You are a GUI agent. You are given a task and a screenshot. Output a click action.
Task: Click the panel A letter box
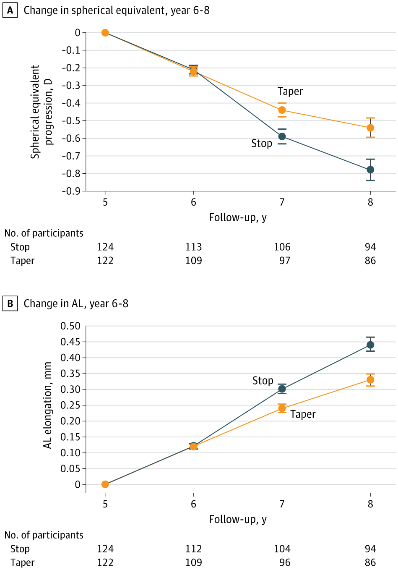pos(10,10)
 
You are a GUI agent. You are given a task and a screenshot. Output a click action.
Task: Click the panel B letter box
pos(10,303)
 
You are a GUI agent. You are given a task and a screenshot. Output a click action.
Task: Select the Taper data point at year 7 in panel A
pos(282,110)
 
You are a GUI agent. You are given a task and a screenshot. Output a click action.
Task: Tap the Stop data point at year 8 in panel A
pos(370,170)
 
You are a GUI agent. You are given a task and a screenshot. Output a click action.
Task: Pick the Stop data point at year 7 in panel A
pos(282,136)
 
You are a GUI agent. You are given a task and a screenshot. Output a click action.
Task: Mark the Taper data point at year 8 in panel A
pos(370,128)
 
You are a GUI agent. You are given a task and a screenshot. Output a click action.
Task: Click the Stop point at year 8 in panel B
pos(370,345)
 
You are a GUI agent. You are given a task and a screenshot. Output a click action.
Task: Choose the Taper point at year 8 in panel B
pos(370,380)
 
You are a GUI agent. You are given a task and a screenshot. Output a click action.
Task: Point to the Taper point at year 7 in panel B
pos(282,408)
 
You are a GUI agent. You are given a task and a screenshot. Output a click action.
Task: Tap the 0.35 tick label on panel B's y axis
pos(70,374)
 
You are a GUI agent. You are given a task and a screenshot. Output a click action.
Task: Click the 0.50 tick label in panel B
pos(70,326)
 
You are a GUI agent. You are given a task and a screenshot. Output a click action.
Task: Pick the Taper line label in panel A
pos(290,92)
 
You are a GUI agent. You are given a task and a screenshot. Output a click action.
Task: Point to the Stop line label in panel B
pos(263,381)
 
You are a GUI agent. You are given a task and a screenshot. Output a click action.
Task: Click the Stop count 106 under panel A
pos(282,247)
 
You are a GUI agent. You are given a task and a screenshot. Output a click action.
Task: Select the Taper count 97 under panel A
pos(285,261)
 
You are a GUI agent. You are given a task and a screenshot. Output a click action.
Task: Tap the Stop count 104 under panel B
pos(282,549)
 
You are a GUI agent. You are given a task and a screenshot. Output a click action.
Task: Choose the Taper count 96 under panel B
pos(285,562)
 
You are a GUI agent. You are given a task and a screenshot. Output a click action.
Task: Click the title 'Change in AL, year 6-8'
pos(76,303)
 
